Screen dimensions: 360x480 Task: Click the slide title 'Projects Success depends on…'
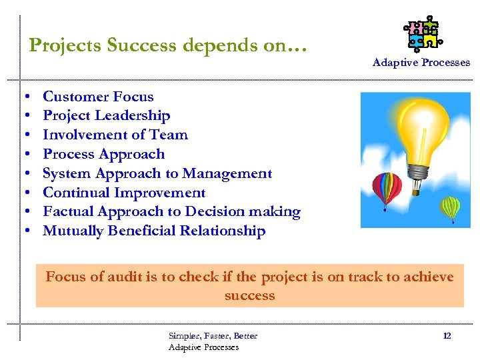pyautogui.click(x=168, y=45)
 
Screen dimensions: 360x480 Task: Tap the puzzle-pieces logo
pyautogui.click(x=423, y=34)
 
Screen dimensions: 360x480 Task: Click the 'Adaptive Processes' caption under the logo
pyautogui.click(x=421, y=63)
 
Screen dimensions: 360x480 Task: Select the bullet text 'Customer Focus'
pyautogui.click(x=98, y=97)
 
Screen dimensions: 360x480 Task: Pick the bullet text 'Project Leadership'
pyautogui.click(x=106, y=116)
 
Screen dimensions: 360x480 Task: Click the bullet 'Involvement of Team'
pyautogui.click(x=115, y=135)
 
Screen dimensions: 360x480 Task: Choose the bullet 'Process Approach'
pyautogui.click(x=103, y=154)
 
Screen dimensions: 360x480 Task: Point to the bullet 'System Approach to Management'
pyautogui.click(x=157, y=173)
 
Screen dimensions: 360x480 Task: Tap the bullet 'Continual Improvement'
pyautogui.click(x=124, y=193)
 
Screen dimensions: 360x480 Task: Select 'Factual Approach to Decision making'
pyautogui.click(x=171, y=212)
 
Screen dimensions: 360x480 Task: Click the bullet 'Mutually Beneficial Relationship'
pyautogui.click(x=154, y=231)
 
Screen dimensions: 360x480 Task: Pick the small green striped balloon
pyautogui.click(x=451, y=208)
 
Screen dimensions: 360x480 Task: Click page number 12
pyautogui.click(x=447, y=335)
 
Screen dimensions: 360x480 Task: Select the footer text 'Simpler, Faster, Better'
pyautogui.click(x=213, y=335)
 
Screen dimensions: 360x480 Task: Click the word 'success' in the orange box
pyautogui.click(x=249, y=295)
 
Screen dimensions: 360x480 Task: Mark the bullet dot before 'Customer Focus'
pyautogui.click(x=25, y=97)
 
